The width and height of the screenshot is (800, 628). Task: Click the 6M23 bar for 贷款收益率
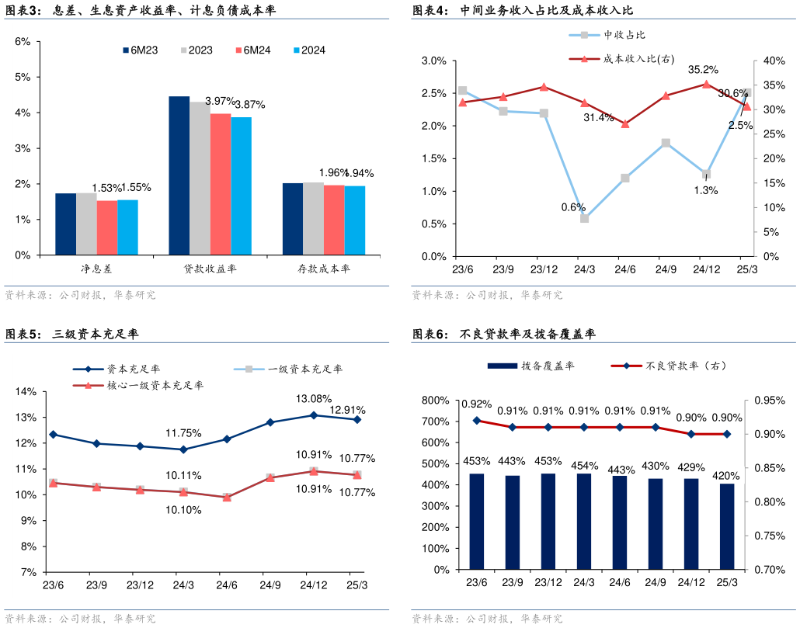coord(179,175)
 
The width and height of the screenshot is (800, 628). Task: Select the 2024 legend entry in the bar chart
coord(308,50)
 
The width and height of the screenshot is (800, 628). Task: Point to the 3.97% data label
coord(220,101)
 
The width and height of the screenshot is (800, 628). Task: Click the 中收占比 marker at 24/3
coord(584,218)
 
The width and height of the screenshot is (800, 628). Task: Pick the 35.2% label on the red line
coord(703,70)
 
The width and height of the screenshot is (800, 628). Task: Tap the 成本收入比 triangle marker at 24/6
coord(625,123)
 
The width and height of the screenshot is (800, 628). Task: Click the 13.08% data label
coord(313,399)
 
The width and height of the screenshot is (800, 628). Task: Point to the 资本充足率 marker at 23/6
coord(53,435)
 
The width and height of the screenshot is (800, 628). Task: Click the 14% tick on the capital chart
coord(27,392)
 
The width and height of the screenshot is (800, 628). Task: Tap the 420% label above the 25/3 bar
coord(727,476)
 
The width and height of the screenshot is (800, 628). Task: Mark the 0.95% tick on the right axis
coord(768,401)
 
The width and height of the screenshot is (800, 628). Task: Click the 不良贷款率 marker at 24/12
coord(691,434)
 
